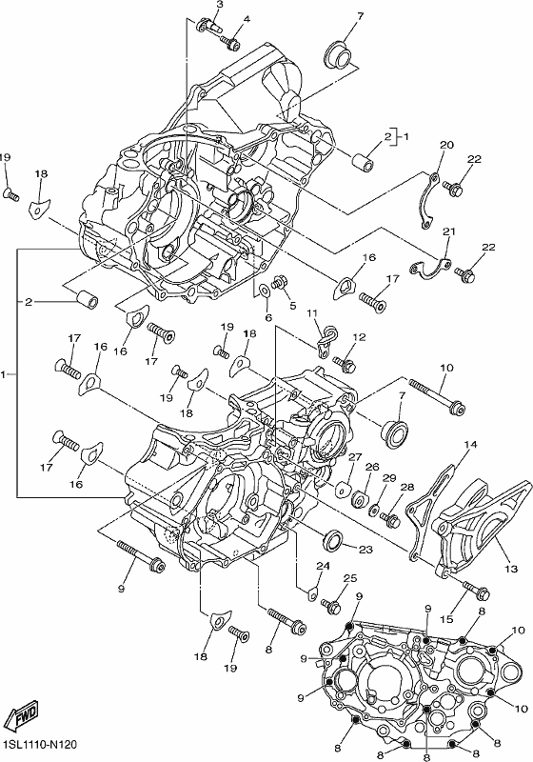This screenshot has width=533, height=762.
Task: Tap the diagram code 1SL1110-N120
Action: (x=39, y=745)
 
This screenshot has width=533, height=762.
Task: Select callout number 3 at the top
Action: (x=220, y=5)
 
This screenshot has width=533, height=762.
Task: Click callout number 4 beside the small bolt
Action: (x=247, y=19)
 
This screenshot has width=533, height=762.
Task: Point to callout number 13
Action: (x=511, y=569)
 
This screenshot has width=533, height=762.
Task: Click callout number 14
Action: (x=470, y=444)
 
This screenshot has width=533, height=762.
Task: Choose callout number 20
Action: (x=446, y=145)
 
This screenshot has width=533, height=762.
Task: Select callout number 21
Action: (x=449, y=231)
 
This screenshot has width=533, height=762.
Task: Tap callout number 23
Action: (x=365, y=550)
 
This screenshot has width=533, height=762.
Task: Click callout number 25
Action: (x=350, y=578)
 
